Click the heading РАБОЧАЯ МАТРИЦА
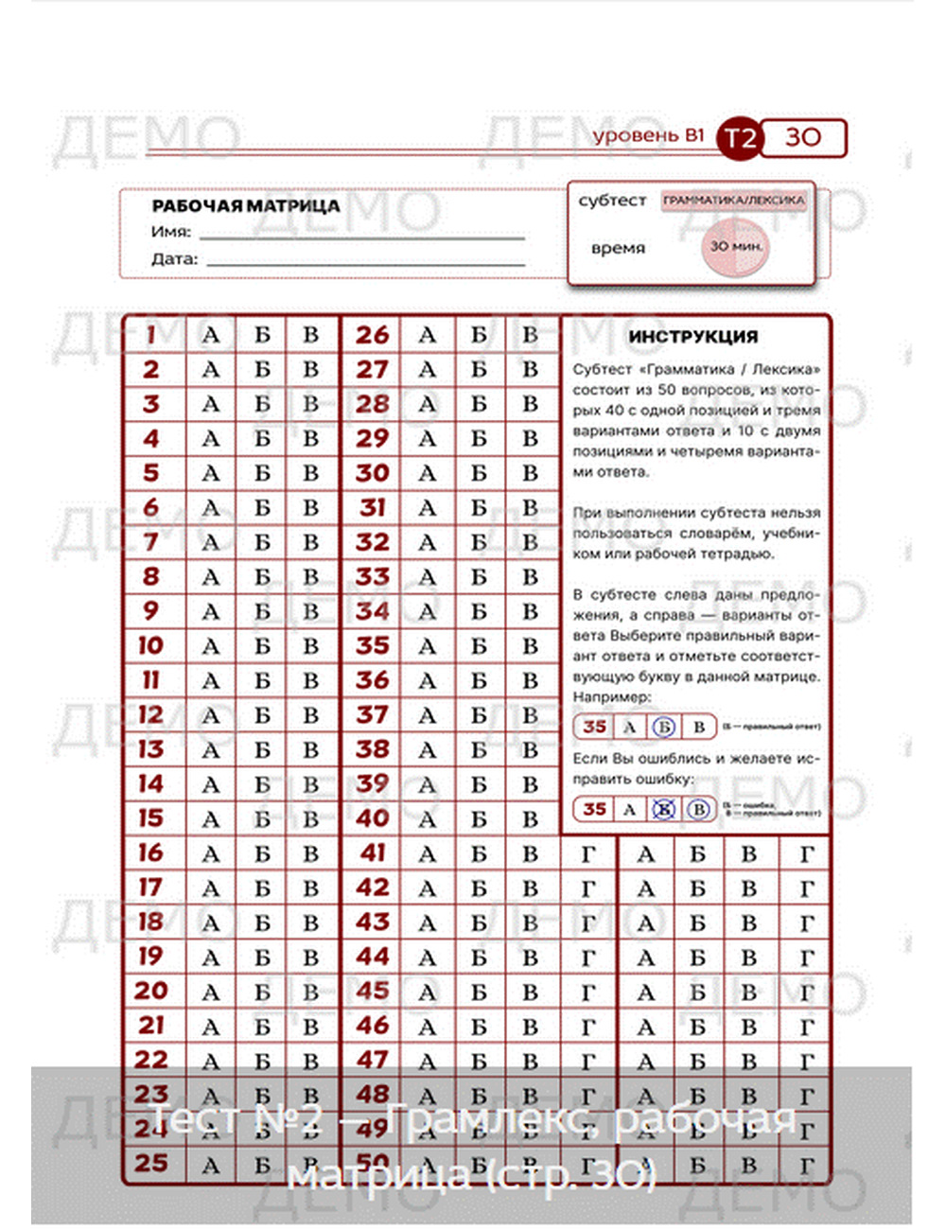click(x=246, y=205)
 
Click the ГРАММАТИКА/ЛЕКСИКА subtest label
click(x=734, y=201)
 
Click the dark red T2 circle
click(x=739, y=139)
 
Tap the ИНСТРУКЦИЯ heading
click(x=693, y=337)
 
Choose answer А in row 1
click(x=211, y=335)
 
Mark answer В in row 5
click(x=310, y=473)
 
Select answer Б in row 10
click(x=262, y=646)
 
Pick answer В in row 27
click(x=530, y=369)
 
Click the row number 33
click(x=373, y=577)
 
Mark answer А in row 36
click(x=428, y=680)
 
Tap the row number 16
click(x=151, y=853)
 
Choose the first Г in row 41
click(x=588, y=854)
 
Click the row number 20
click(x=151, y=992)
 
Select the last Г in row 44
click(x=806, y=958)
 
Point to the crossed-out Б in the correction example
click(x=663, y=810)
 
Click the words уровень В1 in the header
click(x=649, y=135)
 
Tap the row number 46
click(x=373, y=1026)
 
